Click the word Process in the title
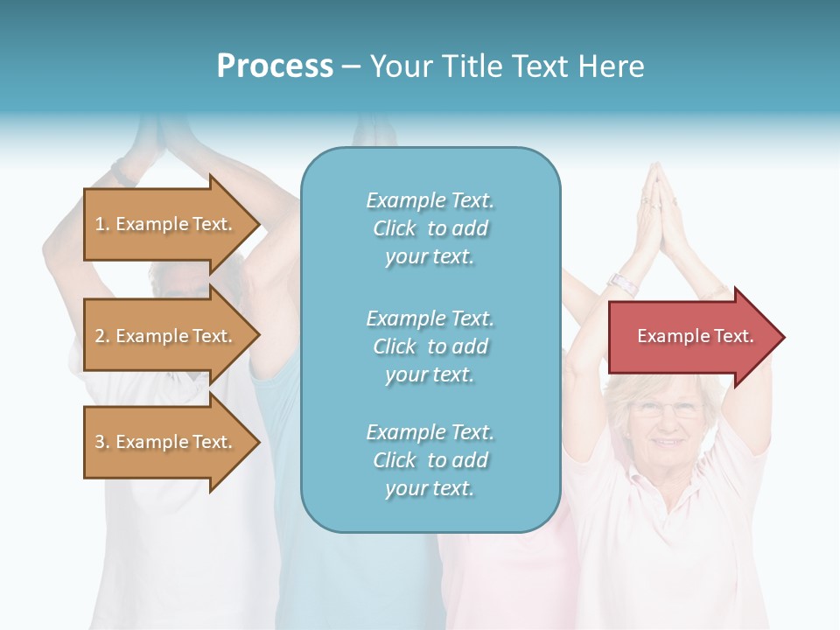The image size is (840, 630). coord(275,66)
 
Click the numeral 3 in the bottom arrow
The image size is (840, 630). coord(99,442)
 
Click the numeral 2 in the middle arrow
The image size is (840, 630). coord(99,336)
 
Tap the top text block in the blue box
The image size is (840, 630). coord(430,228)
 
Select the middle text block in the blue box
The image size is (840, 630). coord(430,346)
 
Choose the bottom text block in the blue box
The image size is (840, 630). coord(430,460)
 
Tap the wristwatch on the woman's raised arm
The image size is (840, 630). coord(623,283)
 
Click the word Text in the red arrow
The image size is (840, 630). coord(733,336)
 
